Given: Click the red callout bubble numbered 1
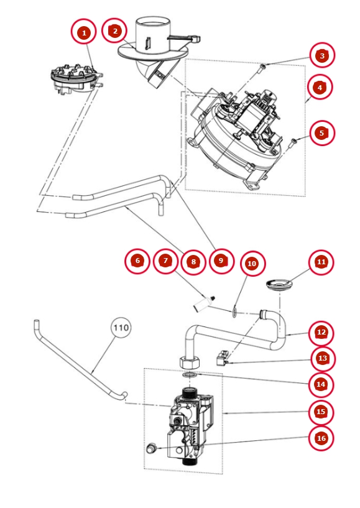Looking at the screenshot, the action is click(x=84, y=32).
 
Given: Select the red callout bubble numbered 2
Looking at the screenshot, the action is click(x=114, y=31).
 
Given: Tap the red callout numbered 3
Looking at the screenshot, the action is click(x=322, y=55).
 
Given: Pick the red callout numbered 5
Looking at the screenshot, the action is click(x=321, y=133).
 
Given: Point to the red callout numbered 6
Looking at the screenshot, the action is click(x=137, y=261).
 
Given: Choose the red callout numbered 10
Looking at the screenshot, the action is click(x=252, y=264).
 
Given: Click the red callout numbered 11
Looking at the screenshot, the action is click(x=321, y=262).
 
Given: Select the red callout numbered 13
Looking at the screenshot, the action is click(x=322, y=358).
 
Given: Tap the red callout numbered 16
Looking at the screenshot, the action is click(x=321, y=438).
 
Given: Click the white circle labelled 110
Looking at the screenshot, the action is click(x=121, y=328).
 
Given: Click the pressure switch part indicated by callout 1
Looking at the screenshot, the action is click(x=76, y=80).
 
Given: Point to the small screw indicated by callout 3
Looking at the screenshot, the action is click(x=263, y=67).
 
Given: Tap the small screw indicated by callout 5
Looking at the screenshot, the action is click(x=293, y=141).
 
